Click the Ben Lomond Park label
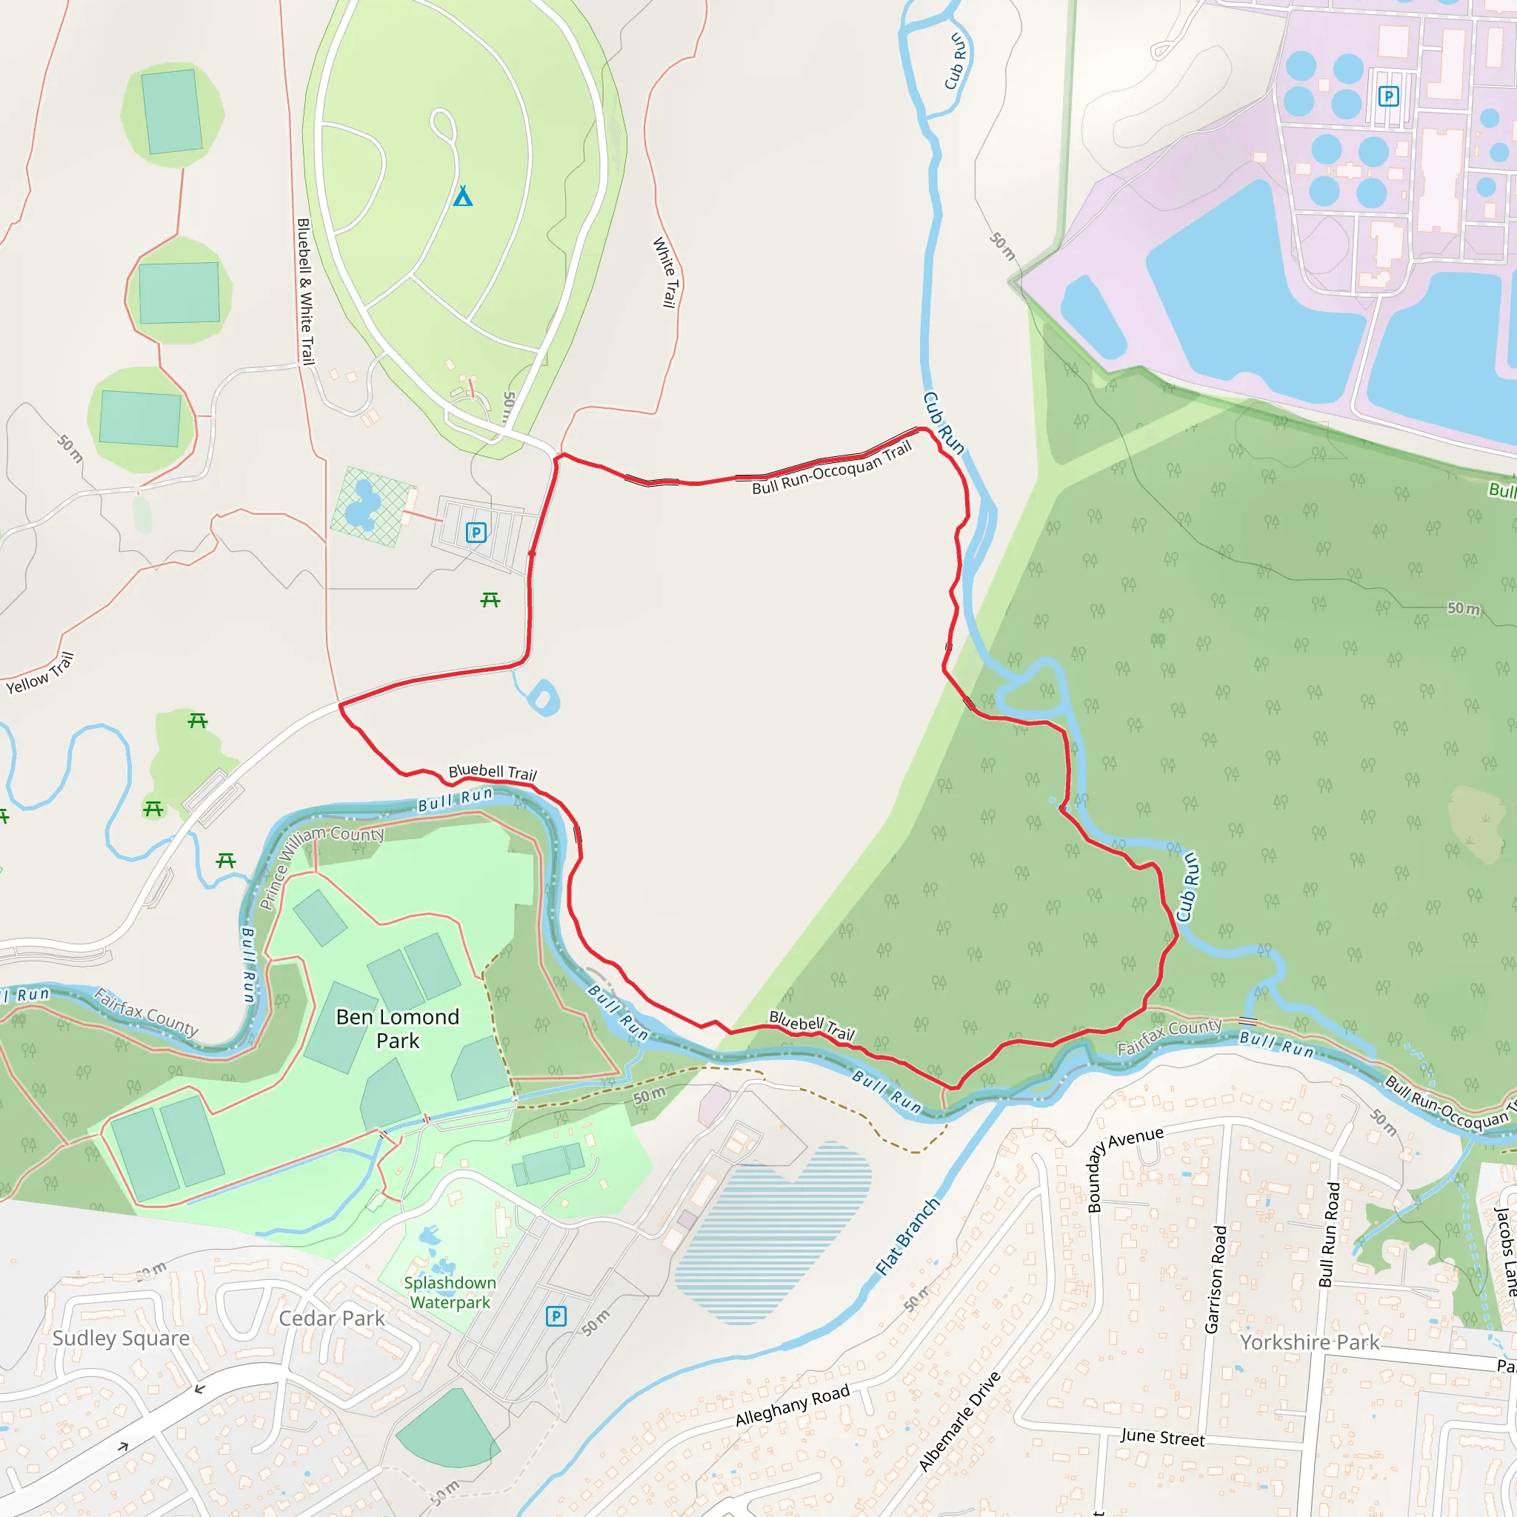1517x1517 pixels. pos(397,1029)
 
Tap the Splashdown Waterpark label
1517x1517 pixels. pos(450,1293)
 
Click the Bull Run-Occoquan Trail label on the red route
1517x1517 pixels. pos(832,467)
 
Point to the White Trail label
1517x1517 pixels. pos(665,273)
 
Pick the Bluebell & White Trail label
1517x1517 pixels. pos(305,291)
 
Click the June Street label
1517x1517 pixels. pos(1162,1437)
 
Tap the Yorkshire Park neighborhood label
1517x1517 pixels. pos(1310,1342)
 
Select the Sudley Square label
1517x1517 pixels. pos(121,1338)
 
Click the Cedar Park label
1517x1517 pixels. pos(331,1318)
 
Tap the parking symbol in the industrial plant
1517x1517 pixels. pos(1388,96)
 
